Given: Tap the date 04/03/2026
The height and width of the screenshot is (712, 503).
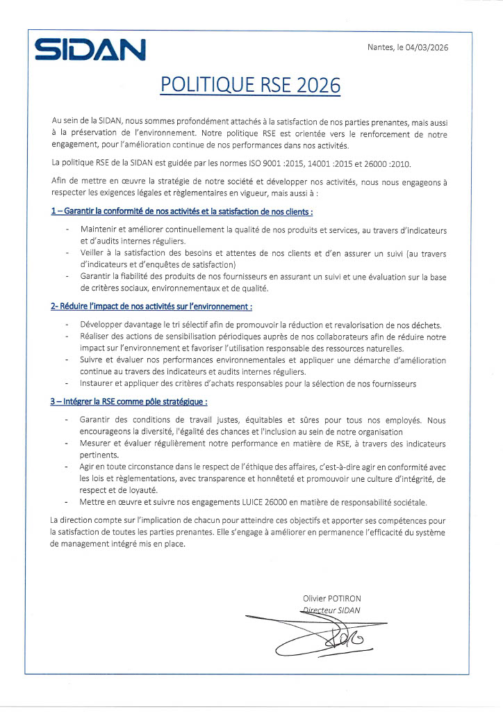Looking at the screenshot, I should tap(426, 47).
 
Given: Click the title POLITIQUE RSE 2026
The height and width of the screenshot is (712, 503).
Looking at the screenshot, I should tap(251, 85).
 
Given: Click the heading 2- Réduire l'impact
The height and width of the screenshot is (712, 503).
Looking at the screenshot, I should tap(151, 306).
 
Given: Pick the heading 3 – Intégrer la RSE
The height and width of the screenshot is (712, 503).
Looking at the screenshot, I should tap(129, 401).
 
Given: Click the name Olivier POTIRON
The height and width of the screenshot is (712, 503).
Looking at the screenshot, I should tap(332, 599).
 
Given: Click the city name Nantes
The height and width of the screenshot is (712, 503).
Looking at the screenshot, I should tap(379, 47).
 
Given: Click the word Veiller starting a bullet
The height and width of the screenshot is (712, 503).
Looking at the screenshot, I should tap(94, 253).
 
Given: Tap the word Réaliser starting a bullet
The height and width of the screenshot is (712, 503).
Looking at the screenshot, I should tap(96, 336).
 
